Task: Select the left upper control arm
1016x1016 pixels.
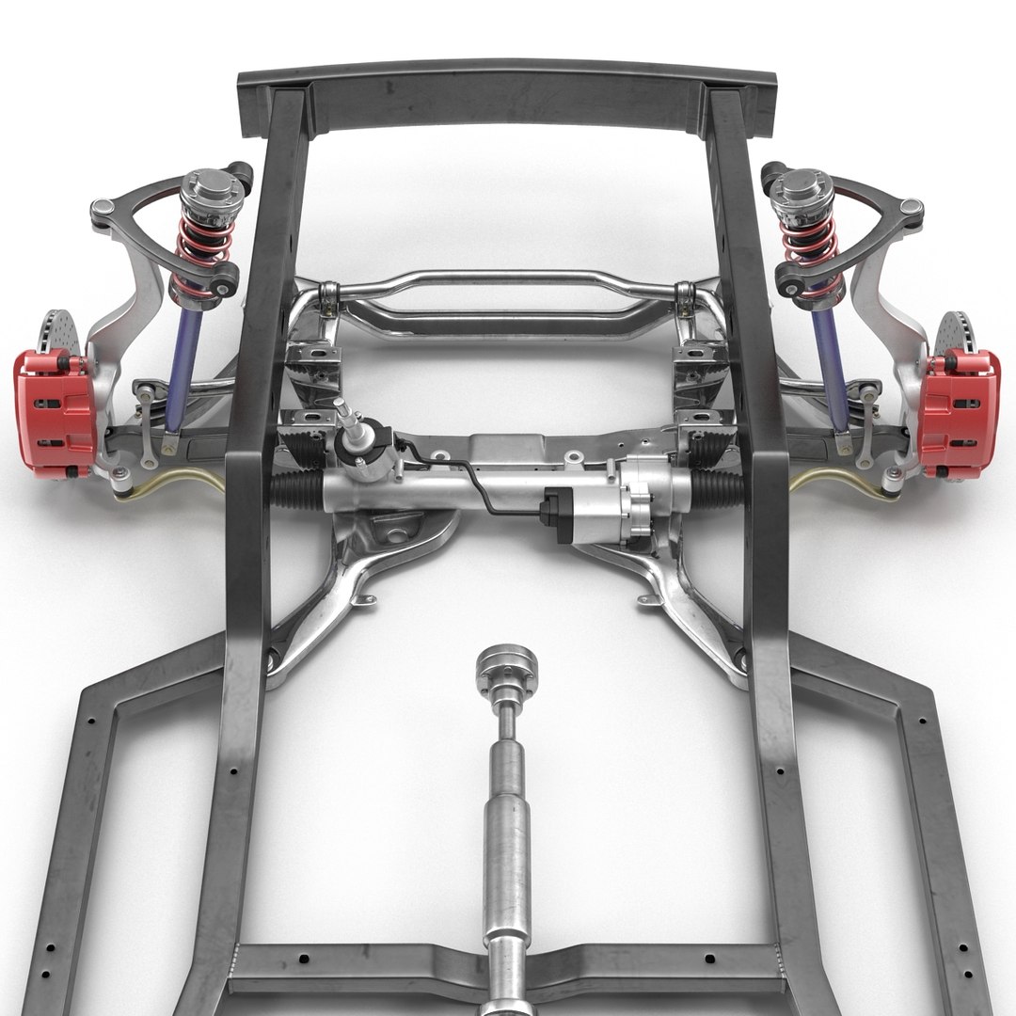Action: pos(141,202)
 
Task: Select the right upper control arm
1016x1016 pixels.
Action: pos(875,202)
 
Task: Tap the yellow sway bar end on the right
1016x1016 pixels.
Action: pos(818,480)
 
